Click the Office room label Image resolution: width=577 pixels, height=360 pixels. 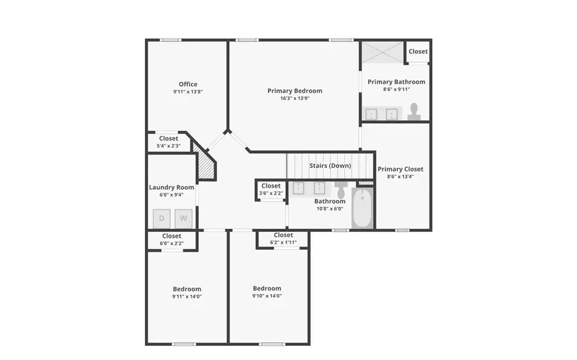pos(188,84)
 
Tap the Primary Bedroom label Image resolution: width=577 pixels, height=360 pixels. pos(295,91)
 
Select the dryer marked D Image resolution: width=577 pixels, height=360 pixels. pos(162,218)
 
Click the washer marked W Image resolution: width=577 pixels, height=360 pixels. pos(183,218)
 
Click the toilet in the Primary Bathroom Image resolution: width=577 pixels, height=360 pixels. pos(414,111)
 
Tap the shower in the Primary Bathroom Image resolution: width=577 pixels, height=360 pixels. pos(383,52)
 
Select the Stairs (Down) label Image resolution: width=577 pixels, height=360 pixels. pos(330,166)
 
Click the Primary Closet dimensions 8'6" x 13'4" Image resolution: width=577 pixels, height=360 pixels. pos(400,177)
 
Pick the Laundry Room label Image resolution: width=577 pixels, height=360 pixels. pos(171,188)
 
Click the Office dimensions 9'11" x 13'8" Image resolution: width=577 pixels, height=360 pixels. pos(188,92)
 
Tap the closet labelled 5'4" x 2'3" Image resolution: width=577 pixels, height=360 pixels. pos(169,142)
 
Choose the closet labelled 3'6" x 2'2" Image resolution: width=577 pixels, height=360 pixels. pos(271,190)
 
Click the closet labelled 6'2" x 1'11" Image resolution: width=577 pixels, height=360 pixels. pos(283,238)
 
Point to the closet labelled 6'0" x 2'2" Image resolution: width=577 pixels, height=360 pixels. pos(172,240)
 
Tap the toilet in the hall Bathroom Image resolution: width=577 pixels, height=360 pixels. pos(340,191)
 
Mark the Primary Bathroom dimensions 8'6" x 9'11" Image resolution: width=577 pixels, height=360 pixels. pos(396,90)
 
